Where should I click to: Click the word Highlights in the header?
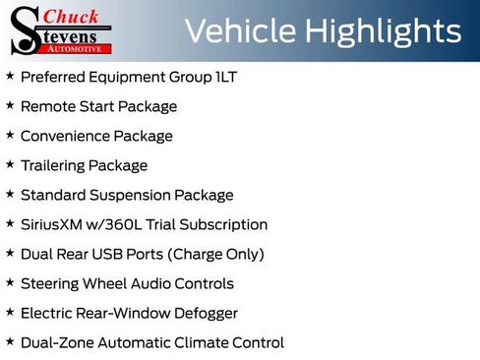pyautogui.click(x=384, y=31)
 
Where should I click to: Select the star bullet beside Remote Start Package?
pyautogui.click(x=10, y=105)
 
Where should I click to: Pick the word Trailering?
pyautogui.click(x=56, y=165)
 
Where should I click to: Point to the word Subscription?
pyautogui.click(x=224, y=224)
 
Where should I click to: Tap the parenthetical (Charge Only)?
pyautogui.click(x=216, y=254)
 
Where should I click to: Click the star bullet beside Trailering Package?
pyautogui.click(x=10, y=164)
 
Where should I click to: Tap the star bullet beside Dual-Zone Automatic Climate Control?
pyautogui.click(x=10, y=341)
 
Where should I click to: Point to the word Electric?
pyautogui.click(x=46, y=313)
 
